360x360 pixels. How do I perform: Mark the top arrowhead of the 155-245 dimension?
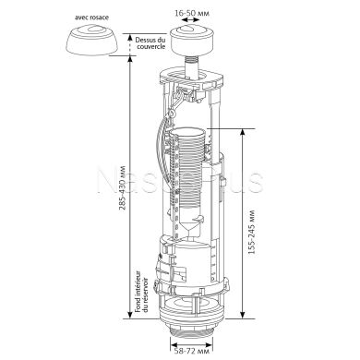click(x=242, y=132)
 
